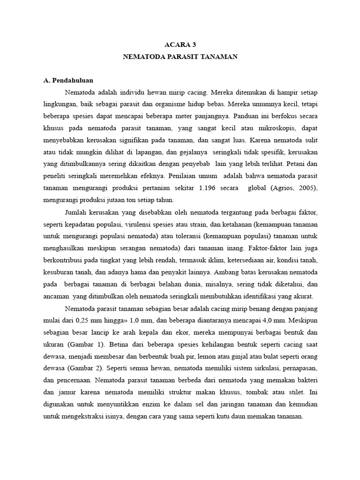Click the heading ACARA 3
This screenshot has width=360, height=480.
click(x=180, y=45)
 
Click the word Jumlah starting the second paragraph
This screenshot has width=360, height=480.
click(x=77, y=211)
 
